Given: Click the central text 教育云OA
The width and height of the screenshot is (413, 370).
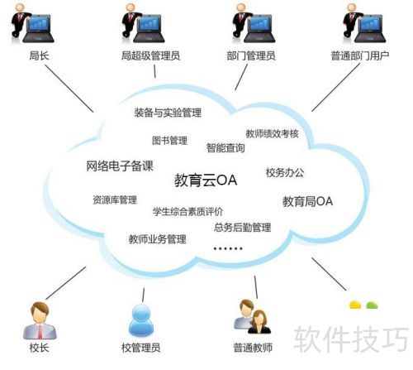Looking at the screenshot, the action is click(206, 180).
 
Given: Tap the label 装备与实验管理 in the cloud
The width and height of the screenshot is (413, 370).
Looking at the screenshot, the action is click(168, 113).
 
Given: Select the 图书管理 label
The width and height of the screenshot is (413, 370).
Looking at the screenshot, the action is click(169, 141).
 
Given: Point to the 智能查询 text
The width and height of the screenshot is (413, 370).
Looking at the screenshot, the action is click(225, 148).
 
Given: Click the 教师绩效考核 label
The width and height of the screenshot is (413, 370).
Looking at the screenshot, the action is click(272, 133).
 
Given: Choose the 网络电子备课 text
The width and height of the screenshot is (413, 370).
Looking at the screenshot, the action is click(120, 166).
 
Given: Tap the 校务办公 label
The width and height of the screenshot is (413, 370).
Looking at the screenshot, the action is click(285, 173).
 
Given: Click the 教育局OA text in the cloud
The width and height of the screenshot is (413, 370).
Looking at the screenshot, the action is click(307, 201).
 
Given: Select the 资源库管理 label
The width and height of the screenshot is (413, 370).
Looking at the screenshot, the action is click(115, 199).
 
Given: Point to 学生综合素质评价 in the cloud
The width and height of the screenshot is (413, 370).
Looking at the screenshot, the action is click(188, 212).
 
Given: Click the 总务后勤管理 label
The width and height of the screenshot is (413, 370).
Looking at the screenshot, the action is click(243, 228).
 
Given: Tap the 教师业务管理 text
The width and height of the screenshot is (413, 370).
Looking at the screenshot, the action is click(157, 239).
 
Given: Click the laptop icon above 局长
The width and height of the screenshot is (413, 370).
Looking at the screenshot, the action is click(38, 29).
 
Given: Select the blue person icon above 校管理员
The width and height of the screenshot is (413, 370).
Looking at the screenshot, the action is click(141, 320).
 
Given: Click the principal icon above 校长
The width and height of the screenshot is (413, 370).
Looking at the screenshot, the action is click(40, 320).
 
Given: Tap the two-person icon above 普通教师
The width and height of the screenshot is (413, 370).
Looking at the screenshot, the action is click(252, 317).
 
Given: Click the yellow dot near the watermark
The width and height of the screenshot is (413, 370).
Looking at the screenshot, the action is click(355, 305).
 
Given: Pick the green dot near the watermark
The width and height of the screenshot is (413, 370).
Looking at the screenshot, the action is click(372, 305).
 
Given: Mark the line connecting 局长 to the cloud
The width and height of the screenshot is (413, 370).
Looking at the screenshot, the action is click(69, 89).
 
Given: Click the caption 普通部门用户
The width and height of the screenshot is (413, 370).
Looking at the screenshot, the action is click(359, 55).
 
